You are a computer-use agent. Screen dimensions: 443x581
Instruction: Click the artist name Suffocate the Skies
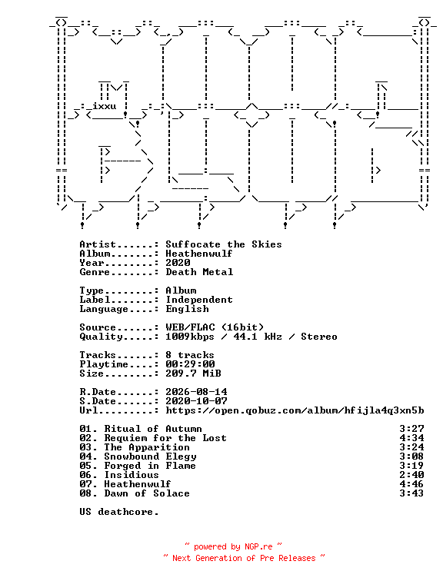(x=224, y=244)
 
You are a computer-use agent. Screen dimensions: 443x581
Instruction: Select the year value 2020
(x=178, y=263)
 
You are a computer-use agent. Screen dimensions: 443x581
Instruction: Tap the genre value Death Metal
(x=199, y=272)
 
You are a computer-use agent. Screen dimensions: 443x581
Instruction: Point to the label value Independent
(x=199, y=300)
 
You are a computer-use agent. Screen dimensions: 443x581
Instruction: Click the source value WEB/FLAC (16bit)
(x=215, y=327)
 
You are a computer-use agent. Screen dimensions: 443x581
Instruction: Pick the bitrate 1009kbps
(x=190, y=337)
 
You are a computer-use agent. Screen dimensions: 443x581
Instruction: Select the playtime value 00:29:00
(x=190, y=364)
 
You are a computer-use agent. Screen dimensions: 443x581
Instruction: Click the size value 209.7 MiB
(x=193, y=373)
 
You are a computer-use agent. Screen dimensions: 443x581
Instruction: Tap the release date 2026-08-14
(x=196, y=392)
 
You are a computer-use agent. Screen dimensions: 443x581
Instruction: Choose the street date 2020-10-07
(x=196, y=401)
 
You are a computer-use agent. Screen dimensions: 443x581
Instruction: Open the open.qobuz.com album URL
(x=295, y=410)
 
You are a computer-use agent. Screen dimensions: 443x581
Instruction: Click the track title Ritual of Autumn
(x=153, y=429)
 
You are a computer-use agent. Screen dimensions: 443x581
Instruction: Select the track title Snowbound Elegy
(x=150, y=456)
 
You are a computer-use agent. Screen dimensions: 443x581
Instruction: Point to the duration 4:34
(x=411, y=438)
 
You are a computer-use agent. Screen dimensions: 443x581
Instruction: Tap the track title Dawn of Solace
(x=147, y=493)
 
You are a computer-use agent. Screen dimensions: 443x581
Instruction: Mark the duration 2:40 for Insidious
(x=411, y=475)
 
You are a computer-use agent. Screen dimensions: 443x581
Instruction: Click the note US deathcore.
(x=119, y=512)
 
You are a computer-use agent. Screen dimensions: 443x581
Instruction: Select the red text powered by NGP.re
(x=233, y=546)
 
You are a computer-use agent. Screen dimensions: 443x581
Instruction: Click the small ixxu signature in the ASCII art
(x=104, y=106)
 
